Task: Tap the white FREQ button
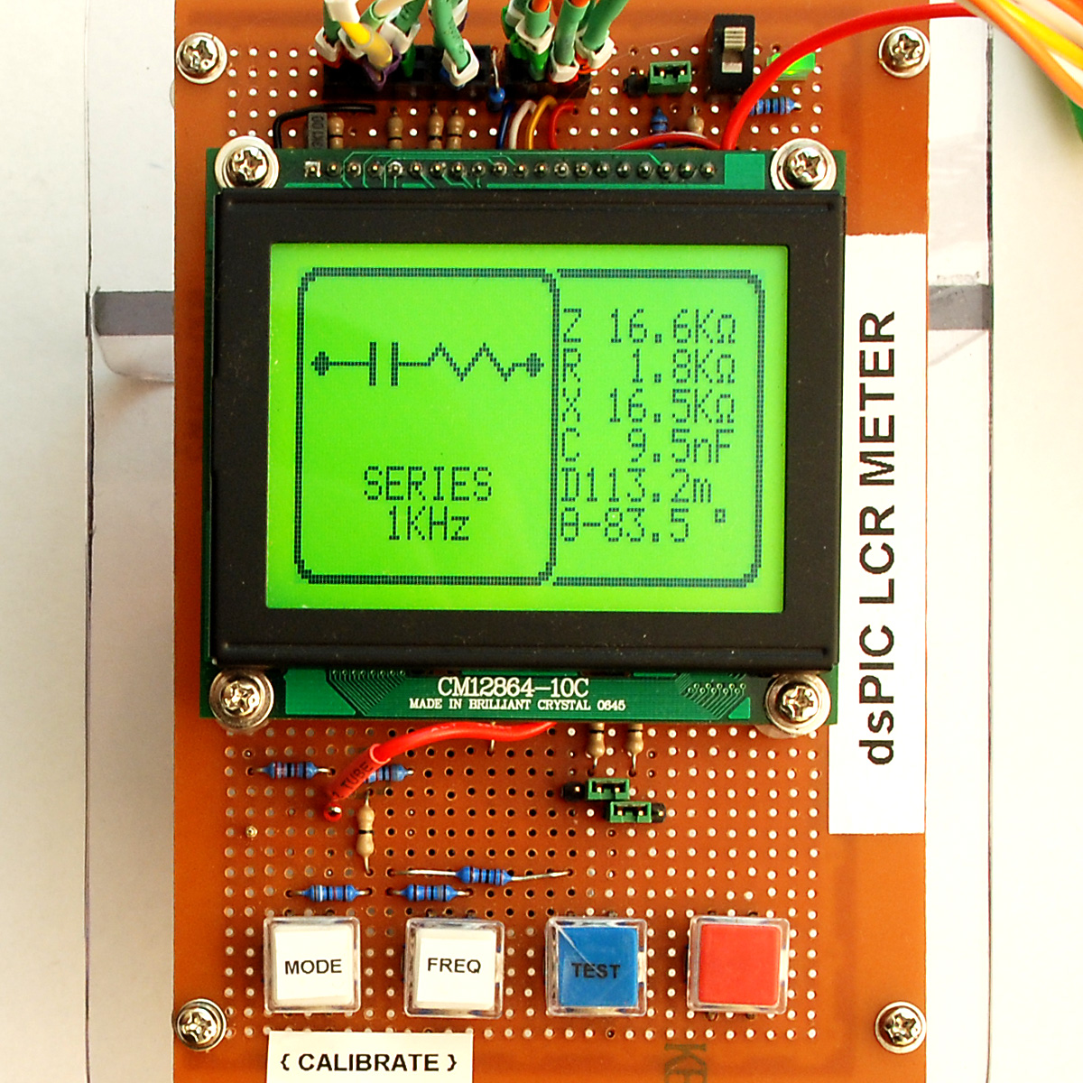coord(454,966)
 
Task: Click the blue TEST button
coord(596,966)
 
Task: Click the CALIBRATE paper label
coord(369,1061)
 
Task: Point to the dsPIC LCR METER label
coord(877,537)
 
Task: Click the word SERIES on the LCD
coord(428,484)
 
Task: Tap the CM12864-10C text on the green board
coord(513,687)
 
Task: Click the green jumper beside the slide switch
coord(669,77)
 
